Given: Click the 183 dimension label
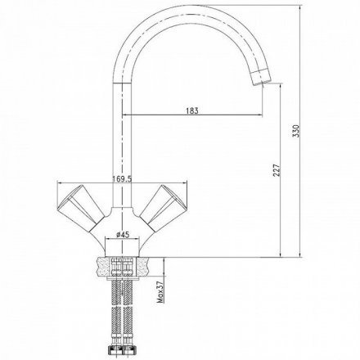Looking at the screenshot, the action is [x=192, y=110].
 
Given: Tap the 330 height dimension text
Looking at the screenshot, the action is [x=296, y=131].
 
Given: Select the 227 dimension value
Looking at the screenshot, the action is [x=277, y=170].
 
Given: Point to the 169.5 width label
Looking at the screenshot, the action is [x=122, y=179].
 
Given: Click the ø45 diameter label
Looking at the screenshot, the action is [x=123, y=235].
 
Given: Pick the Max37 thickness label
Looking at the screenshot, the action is [x=161, y=292].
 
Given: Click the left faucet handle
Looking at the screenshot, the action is [x=81, y=207].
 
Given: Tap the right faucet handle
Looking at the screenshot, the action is [x=163, y=207].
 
